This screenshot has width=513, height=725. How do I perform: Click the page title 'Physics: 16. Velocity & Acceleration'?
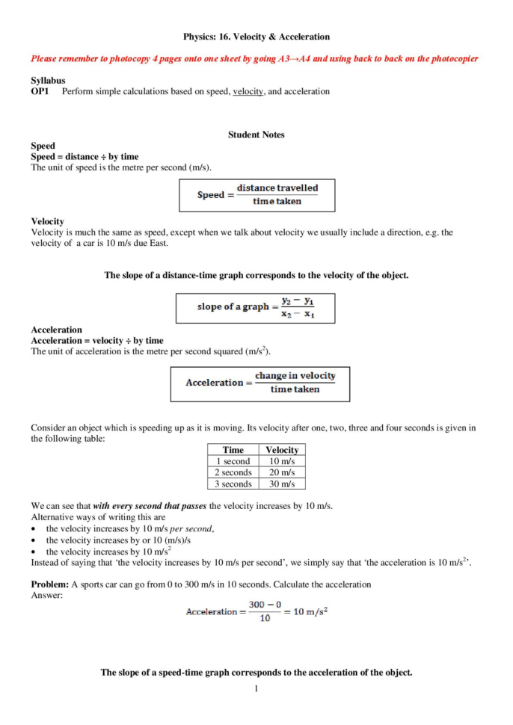point(256,36)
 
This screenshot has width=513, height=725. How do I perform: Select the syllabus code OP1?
point(40,91)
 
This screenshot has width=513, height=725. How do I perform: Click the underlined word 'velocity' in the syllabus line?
point(248,91)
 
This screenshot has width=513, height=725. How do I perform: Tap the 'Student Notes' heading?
point(256,135)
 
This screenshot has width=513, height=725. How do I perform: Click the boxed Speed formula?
point(256,195)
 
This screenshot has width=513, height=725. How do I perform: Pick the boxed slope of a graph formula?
point(255,307)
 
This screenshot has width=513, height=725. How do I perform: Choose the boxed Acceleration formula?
point(259,383)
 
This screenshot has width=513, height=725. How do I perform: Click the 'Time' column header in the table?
point(233,450)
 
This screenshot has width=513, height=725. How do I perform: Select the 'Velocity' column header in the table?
point(282,450)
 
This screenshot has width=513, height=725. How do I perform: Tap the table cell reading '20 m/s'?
point(282,472)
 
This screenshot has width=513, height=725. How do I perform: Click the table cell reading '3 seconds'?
point(233,484)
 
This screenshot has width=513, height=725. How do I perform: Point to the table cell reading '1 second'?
point(233,461)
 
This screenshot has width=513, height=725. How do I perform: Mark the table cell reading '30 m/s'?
point(282,484)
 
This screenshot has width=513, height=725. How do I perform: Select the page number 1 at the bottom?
point(256,688)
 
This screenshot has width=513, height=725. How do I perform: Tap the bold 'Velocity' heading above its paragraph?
point(47,221)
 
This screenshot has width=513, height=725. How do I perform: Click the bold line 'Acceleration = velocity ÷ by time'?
point(96,340)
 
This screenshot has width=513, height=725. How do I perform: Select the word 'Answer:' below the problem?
point(46,595)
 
